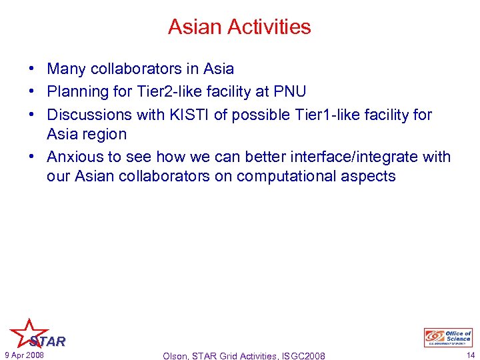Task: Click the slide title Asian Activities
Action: point(239,27)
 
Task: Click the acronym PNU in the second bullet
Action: point(288,91)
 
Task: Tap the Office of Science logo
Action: point(448,337)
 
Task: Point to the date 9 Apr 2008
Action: point(24,355)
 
